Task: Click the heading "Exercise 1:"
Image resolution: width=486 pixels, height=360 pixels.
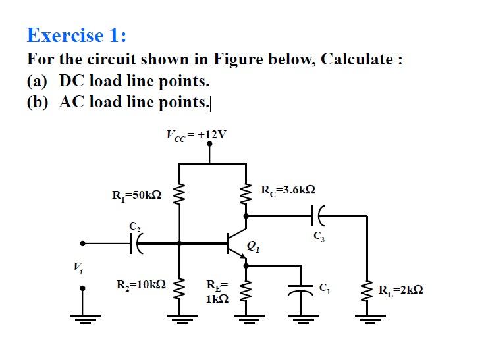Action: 76,34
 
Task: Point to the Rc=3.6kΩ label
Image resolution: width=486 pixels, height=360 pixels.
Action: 288,190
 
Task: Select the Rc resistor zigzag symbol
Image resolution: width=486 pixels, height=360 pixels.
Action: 247,195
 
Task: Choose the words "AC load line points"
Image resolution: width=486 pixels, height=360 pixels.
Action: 134,102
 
